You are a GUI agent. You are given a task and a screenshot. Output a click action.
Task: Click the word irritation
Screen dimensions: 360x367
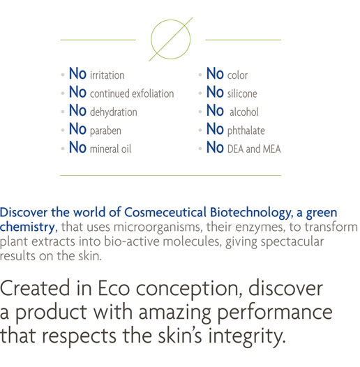107,75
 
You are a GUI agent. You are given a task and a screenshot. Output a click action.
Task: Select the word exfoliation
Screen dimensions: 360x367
153,93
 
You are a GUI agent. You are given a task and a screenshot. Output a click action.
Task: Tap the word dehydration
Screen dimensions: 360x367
114,112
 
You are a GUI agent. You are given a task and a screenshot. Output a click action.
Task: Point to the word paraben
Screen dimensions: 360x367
105,130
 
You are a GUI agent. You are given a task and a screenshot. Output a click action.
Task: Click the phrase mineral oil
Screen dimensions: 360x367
110,149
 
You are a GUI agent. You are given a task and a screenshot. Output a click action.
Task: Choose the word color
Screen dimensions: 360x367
237,75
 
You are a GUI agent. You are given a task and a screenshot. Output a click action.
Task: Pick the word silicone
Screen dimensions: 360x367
242,93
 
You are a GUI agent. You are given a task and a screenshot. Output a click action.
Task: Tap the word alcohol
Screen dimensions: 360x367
244,112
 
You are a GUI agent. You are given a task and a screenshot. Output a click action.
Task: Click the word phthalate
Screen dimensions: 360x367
246,130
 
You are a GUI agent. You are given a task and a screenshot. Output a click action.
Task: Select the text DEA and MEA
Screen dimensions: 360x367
254,149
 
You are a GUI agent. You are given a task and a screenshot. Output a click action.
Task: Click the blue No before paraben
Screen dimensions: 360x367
77,129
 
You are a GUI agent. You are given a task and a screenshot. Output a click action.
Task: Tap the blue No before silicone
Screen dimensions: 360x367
215,92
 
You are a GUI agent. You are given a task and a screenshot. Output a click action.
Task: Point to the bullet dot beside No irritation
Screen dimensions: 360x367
63,75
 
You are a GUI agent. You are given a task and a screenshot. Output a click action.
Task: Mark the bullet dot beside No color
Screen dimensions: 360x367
200,75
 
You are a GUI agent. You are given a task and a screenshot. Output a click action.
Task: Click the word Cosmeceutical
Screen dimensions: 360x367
165,213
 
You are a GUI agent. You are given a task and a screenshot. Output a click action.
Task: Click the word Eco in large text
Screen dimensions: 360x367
114,288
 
